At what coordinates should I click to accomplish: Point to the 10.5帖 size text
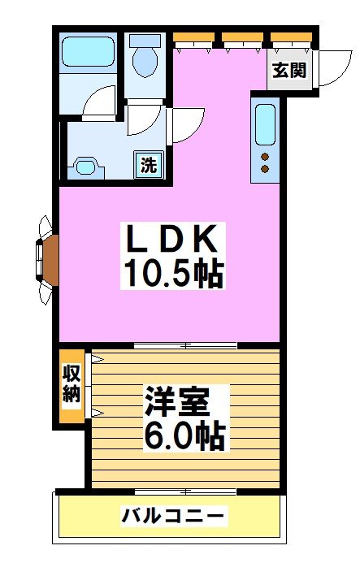[172, 275]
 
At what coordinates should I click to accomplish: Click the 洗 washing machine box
[149, 165]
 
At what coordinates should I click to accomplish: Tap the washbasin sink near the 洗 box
[86, 167]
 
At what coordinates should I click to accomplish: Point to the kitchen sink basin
[265, 123]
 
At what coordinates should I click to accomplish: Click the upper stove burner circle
[265, 154]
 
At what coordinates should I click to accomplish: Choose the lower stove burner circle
[265, 169]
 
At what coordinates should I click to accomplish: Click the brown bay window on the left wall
[48, 258]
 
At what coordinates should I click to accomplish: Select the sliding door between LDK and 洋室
[185, 346]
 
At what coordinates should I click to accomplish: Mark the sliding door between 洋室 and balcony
[185, 491]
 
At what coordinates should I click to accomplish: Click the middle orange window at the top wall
[242, 37]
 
